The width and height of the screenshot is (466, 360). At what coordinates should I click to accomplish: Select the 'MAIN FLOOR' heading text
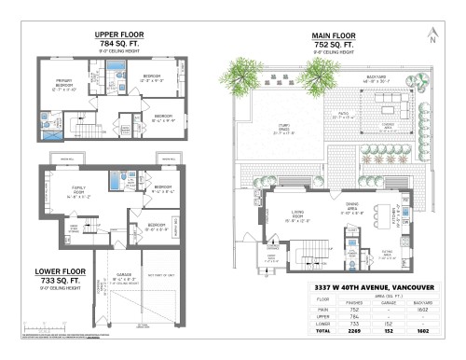coord(331,35)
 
